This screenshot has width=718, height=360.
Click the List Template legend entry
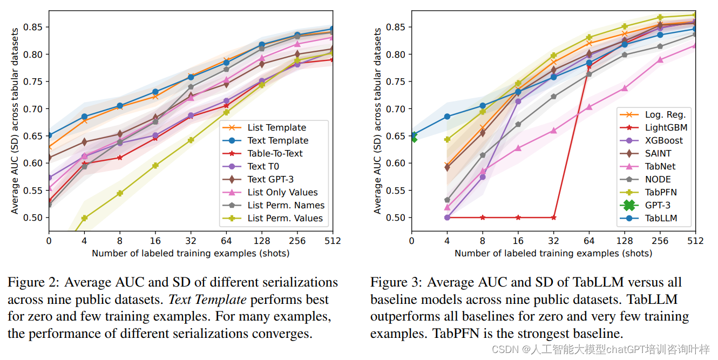click(276, 127)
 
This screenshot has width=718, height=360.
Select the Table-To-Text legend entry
click(275, 153)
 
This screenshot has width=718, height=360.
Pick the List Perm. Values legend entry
click(285, 218)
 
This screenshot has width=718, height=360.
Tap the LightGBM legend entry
click(666, 127)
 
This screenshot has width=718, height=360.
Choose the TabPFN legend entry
click(660, 192)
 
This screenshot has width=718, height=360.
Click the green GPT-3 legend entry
click(658, 205)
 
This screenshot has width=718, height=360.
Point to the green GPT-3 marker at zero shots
click(413, 139)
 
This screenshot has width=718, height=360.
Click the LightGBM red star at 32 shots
click(553, 218)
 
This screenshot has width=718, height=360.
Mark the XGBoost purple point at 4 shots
click(447, 218)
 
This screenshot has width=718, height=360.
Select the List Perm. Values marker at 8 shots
click(120, 193)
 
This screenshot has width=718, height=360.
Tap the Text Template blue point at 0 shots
click(49, 135)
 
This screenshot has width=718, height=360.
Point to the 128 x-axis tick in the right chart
click(624, 241)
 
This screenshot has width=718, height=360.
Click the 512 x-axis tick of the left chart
click(333, 241)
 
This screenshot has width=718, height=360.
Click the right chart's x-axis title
click(553, 253)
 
